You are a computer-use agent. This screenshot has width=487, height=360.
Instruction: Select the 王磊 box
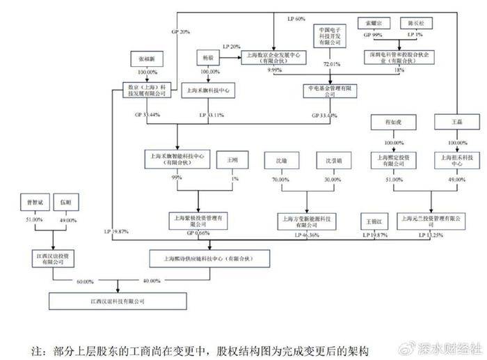point(457,123)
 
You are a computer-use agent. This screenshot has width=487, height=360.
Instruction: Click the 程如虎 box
point(394,123)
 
